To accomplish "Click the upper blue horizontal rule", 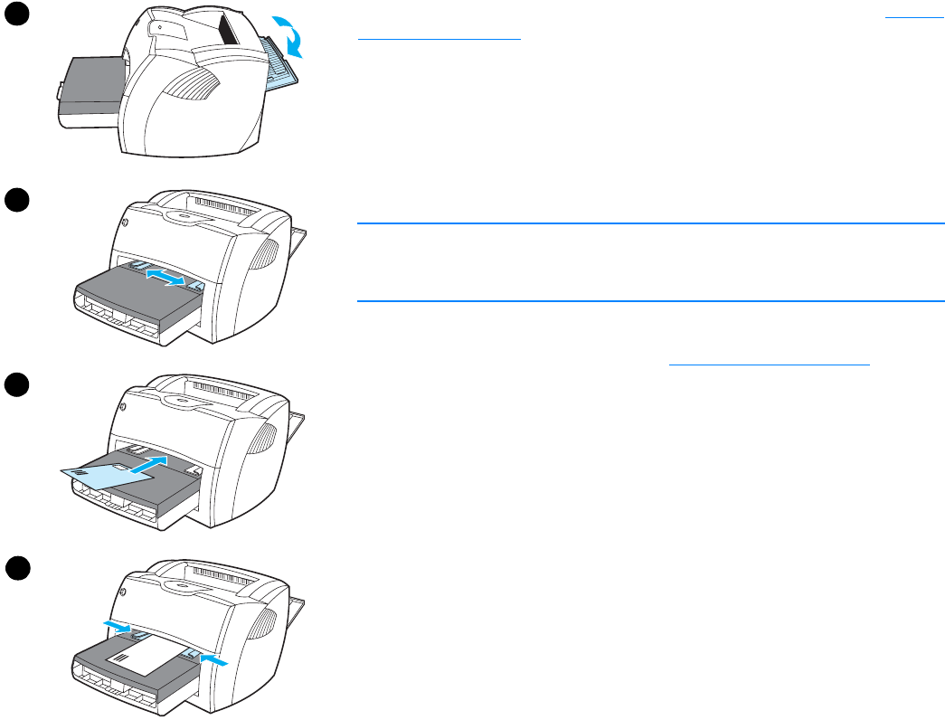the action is pos(650,223).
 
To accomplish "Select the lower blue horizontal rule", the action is pos(650,301).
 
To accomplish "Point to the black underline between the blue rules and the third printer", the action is pos(769,365).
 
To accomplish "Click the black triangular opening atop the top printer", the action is pos(229,30).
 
